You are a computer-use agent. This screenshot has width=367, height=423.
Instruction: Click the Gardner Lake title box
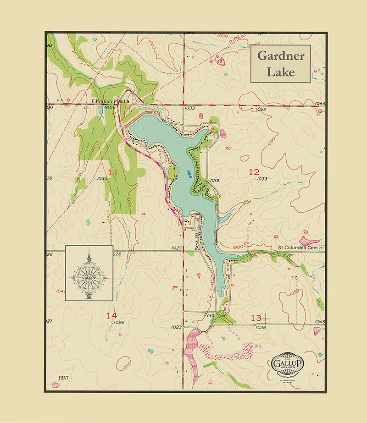(x=280, y=64)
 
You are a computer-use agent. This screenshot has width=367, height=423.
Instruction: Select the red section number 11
(x=113, y=172)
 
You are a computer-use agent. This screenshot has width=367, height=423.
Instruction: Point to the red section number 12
(x=254, y=172)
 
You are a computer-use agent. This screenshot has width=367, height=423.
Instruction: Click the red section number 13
(x=256, y=318)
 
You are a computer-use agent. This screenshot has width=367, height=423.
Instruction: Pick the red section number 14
(x=111, y=315)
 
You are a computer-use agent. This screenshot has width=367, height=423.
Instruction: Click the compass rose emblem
(x=89, y=273)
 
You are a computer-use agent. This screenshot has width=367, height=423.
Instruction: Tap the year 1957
(x=64, y=377)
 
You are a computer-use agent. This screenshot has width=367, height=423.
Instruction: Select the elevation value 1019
(x=214, y=180)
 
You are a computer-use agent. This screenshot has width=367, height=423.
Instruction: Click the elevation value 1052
(x=261, y=109)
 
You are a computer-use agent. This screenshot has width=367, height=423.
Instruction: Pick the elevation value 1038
(x=261, y=327)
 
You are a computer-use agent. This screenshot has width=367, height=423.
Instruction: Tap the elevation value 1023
(x=176, y=327)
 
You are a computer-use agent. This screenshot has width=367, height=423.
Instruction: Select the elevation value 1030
(x=102, y=178)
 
